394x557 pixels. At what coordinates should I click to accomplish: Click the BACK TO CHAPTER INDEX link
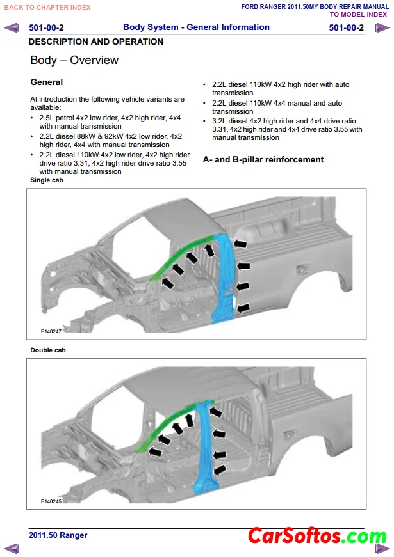(47, 7)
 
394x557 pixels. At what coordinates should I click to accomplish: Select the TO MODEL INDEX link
(358, 14)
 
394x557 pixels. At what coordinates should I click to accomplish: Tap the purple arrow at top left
(12, 28)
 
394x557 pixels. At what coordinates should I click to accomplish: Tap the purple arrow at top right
(382, 28)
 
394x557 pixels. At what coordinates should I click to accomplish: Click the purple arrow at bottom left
(12, 547)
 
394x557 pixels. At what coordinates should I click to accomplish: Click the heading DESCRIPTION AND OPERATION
(96, 42)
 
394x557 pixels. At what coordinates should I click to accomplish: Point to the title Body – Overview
(74, 60)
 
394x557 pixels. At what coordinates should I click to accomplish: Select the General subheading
(47, 82)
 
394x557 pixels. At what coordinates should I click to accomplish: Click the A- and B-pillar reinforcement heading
(263, 159)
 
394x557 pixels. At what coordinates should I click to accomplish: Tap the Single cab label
(47, 180)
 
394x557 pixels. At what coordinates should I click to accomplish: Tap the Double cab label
(48, 350)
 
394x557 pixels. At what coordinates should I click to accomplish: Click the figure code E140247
(51, 331)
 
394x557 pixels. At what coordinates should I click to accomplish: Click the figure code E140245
(51, 501)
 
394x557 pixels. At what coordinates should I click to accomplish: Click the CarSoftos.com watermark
(316, 535)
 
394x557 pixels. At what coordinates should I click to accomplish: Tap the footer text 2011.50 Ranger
(58, 535)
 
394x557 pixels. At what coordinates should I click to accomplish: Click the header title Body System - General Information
(196, 27)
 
